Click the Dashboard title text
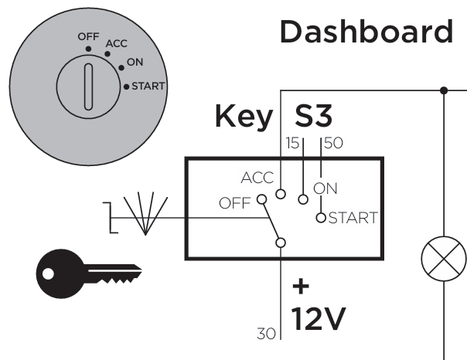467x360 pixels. pos(365,32)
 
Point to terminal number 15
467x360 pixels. pos(291,143)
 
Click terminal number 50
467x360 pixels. pos(333,143)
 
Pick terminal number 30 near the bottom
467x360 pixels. pos(265,334)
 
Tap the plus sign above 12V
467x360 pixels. pos(301,287)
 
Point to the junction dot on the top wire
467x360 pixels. pos(443,90)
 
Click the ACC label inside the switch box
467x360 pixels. pos(257,178)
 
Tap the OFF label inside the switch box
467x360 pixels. pos(236,204)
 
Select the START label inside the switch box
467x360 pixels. pos(353,217)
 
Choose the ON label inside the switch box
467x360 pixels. pos(326,188)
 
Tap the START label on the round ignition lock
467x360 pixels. pos(148,86)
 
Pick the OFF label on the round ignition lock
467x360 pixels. pos(88,36)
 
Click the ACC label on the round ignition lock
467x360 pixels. pos(116,43)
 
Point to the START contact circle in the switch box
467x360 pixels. pos(322,217)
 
